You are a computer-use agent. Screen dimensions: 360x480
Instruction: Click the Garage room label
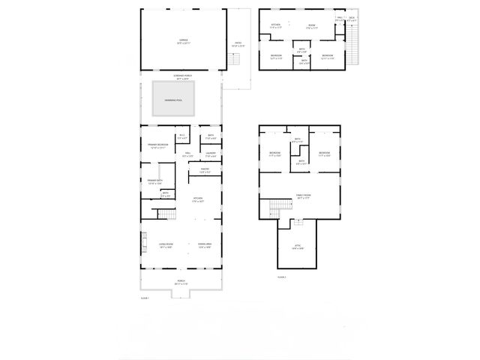[183, 40]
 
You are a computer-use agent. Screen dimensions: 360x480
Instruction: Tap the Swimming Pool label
[174, 99]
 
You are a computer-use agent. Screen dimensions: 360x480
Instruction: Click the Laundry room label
[211, 154]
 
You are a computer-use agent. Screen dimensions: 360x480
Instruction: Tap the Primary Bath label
[155, 181]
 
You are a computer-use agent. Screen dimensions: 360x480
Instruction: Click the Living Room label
[166, 244]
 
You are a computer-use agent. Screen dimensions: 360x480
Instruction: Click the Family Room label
[303, 196]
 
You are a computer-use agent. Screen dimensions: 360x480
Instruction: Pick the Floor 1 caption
[145, 298]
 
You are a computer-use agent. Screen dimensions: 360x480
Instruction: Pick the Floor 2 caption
[281, 277]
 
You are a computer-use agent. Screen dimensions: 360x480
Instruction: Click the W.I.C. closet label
[181, 137]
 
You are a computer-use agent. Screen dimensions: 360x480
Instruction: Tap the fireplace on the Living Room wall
[143, 241]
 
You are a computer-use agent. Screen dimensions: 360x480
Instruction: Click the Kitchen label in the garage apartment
[275, 25]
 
